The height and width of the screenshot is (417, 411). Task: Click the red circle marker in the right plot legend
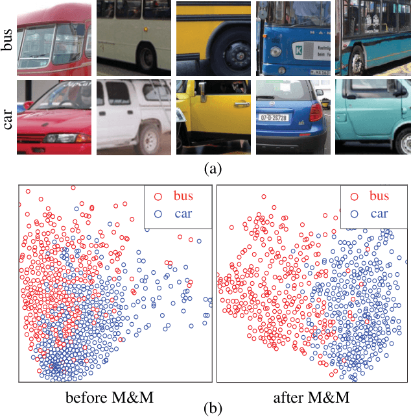tap(354, 195)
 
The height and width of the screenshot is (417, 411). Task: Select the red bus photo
tap(54, 38)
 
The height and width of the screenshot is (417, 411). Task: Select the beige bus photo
tap(134, 38)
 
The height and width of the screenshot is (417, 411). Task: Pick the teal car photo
tap(373, 118)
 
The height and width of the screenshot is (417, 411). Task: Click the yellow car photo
tap(213, 118)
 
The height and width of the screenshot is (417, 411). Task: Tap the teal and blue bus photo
tap(373, 38)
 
